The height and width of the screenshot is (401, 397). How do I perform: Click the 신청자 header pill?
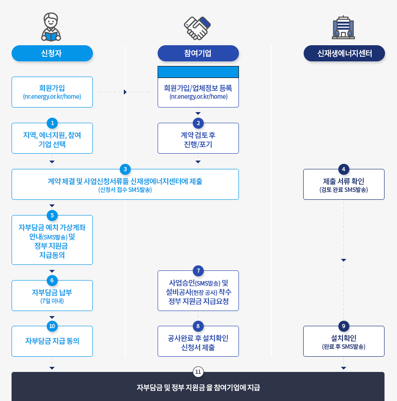[52, 53]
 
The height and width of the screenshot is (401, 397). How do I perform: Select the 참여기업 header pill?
[198, 53]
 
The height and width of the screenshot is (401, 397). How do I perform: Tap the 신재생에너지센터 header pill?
[344, 53]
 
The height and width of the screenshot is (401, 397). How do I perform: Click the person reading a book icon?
[51, 27]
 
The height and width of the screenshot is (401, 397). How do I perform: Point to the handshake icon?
[197, 28]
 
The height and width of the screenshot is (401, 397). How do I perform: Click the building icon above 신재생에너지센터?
[343, 27]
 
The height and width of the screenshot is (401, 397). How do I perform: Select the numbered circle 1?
[52, 123]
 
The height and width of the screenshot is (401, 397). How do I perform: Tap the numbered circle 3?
[125, 169]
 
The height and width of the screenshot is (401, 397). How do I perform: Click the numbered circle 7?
[198, 270]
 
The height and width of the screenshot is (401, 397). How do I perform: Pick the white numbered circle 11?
[198, 371]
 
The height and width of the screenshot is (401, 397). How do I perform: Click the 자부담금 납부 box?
[52, 296]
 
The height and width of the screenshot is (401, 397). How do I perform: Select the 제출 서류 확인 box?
[343, 185]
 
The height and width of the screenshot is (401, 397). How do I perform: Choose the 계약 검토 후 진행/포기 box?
[198, 139]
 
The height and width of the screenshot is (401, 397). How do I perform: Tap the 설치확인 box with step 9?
[343, 342]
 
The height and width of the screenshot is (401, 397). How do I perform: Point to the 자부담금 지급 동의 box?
[52, 341]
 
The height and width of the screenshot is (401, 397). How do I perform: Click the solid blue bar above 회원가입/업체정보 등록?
[198, 72]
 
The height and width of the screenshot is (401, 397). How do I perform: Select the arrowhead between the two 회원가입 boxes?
[125, 92]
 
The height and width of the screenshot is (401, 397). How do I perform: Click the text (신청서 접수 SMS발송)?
[125, 190]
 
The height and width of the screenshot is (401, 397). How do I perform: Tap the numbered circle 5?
[52, 215]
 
